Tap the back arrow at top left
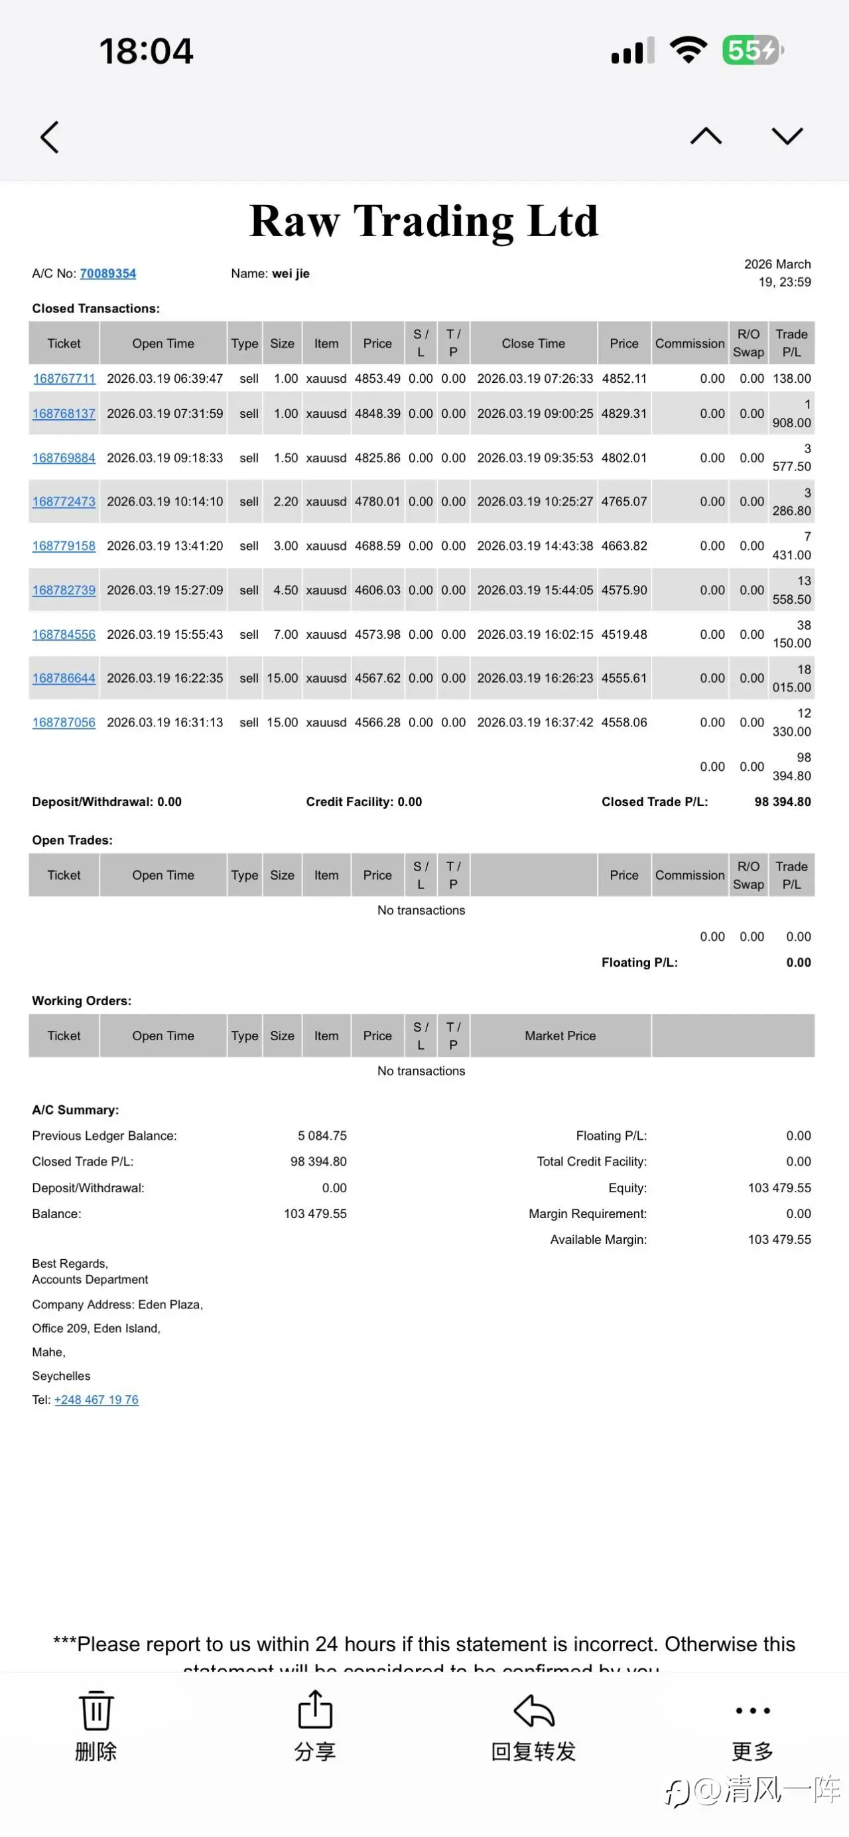pyautogui.click(x=49, y=137)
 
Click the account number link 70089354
pyautogui.click(x=107, y=273)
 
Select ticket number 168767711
pyautogui.click(x=64, y=379)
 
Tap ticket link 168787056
pyautogui.click(x=64, y=722)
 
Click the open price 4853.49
pyautogui.click(x=377, y=379)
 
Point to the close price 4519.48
pyautogui.click(x=623, y=634)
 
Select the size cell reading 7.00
pyautogui.click(x=285, y=634)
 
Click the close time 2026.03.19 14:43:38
pyautogui.click(x=535, y=545)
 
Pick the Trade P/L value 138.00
pyautogui.click(x=791, y=379)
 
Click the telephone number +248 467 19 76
pyautogui.click(x=96, y=1399)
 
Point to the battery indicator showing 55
pyautogui.click(x=752, y=50)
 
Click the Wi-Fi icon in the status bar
pyautogui.click(x=688, y=50)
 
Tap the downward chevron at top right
pyautogui.click(x=787, y=136)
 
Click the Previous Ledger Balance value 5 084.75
pyautogui.click(x=322, y=1135)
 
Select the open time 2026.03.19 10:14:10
pyautogui.click(x=164, y=502)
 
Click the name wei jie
pyautogui.click(x=290, y=273)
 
